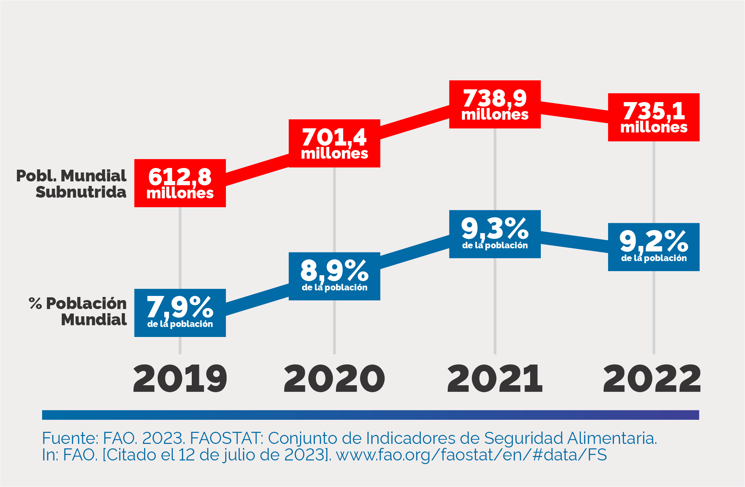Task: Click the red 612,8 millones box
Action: pyautogui.click(x=180, y=183)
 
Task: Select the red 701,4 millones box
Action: pyautogui.click(x=334, y=143)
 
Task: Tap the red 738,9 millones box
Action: pyautogui.click(x=495, y=105)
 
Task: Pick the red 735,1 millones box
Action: pyautogui.click(x=654, y=117)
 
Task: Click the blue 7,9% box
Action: pyautogui.click(x=180, y=313)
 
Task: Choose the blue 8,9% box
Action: pyautogui.click(x=334, y=276)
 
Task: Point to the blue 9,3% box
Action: pyautogui.click(x=495, y=234)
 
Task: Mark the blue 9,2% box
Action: pyautogui.click(x=654, y=247)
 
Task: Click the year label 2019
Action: pyautogui.click(x=180, y=379)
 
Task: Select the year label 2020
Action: pyautogui.click(x=334, y=379)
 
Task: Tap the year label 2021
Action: pyautogui.click(x=495, y=379)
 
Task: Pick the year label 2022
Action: pyautogui.click(x=652, y=379)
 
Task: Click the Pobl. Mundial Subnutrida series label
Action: pyautogui.click(x=71, y=184)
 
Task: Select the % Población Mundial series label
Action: pyautogui.click(x=78, y=311)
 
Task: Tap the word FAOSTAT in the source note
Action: pyautogui.click(x=227, y=438)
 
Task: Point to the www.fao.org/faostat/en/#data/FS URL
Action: pyautogui.click(x=471, y=455)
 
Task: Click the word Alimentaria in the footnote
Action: pyautogui.click(x=612, y=438)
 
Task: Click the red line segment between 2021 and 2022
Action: pyautogui.click(x=574, y=112)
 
